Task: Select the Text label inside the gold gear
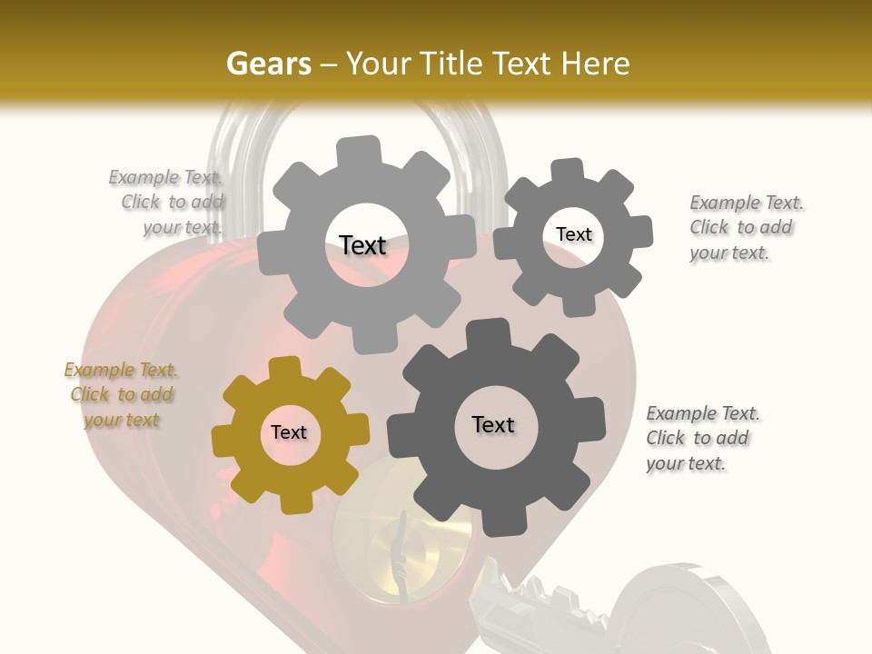(x=289, y=433)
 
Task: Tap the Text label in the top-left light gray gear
(x=362, y=245)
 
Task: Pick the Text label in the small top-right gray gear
(x=573, y=234)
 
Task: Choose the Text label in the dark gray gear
(x=493, y=424)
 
